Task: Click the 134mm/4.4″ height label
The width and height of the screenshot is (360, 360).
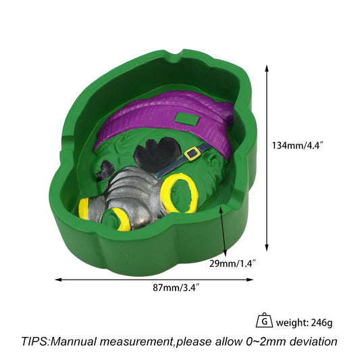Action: [x=298, y=146]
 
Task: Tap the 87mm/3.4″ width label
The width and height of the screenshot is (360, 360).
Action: [x=176, y=288]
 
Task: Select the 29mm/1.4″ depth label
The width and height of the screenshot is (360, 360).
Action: [x=232, y=263]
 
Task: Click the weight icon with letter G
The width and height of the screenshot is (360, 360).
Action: [x=264, y=320]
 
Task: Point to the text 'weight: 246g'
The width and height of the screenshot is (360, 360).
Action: [x=304, y=323]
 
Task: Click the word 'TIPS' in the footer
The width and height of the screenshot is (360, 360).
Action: [x=35, y=341]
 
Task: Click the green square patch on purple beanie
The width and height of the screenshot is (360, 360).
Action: [x=187, y=120]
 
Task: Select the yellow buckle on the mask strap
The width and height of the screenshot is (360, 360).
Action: [x=192, y=153]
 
